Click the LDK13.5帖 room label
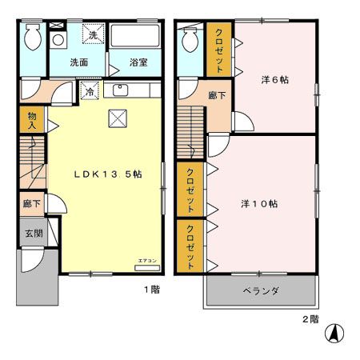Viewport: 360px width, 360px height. click(x=109, y=174)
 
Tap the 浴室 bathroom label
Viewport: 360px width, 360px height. click(x=138, y=62)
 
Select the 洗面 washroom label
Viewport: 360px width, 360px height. click(x=78, y=62)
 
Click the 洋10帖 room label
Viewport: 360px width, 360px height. click(x=259, y=203)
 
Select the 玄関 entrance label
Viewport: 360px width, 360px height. click(x=27, y=233)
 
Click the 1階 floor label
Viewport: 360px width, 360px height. click(x=151, y=290)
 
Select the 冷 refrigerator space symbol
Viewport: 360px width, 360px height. click(x=90, y=91)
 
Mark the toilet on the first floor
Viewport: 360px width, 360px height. click(x=32, y=36)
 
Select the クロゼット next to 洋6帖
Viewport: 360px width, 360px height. click(x=219, y=49)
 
